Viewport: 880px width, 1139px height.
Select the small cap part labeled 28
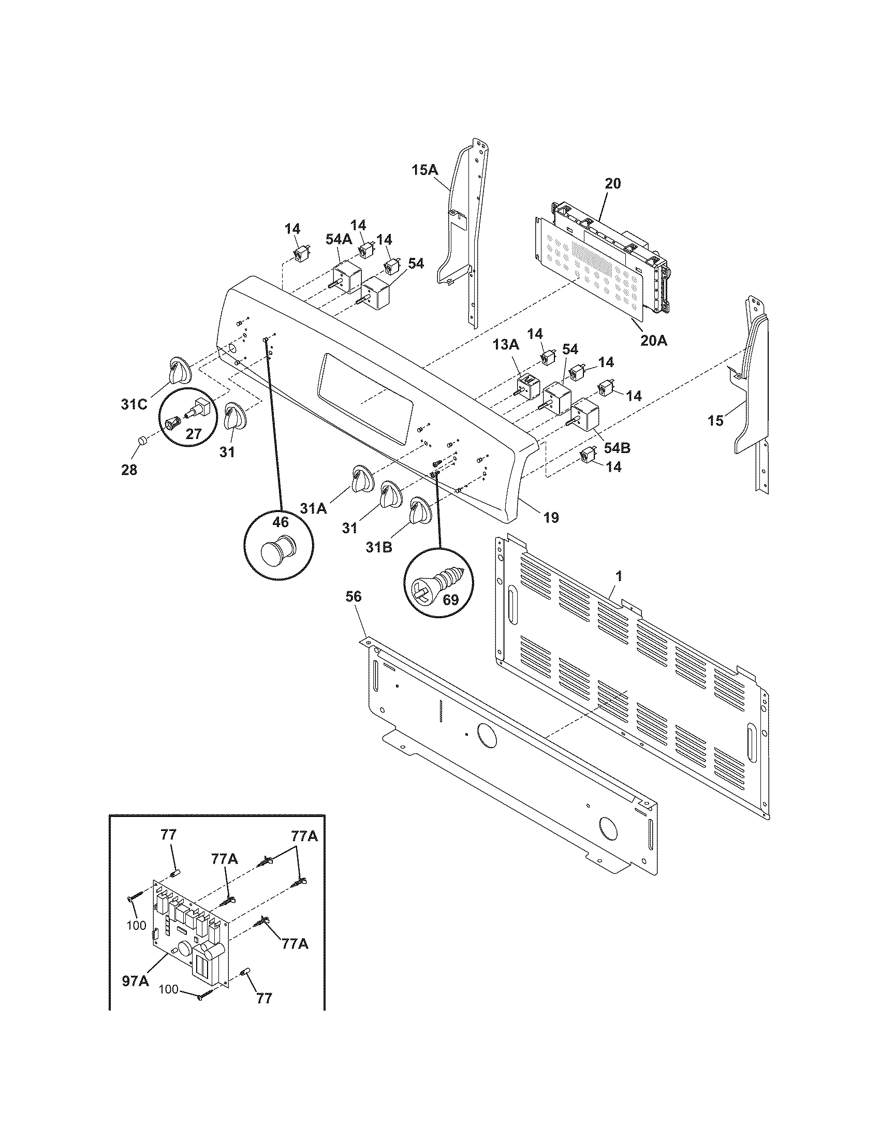point(141,442)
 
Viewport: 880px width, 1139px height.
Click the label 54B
point(617,447)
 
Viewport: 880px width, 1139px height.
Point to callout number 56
point(354,596)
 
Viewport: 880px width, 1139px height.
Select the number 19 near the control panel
point(551,517)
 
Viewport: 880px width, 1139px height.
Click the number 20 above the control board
point(613,184)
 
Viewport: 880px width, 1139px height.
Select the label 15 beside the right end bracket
point(716,420)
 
